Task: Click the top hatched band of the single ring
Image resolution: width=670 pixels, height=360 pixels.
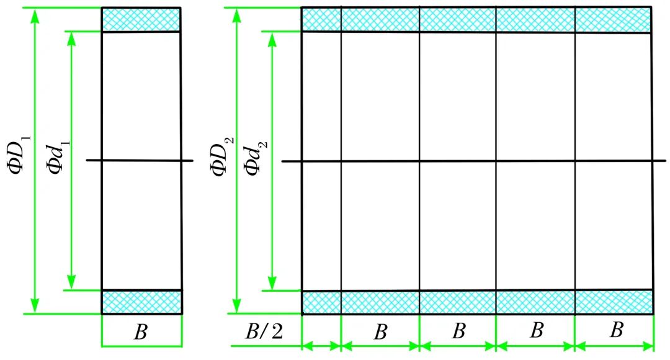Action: click(x=141, y=20)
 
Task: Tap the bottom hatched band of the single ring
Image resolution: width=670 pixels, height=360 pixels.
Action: click(x=141, y=302)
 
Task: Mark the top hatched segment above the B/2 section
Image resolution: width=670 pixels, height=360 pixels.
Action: click(x=321, y=20)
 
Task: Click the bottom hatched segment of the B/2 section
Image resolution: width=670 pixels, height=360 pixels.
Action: click(x=321, y=302)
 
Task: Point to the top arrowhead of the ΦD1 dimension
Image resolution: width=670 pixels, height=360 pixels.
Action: click(x=35, y=14)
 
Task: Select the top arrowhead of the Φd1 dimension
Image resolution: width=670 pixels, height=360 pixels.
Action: click(x=71, y=37)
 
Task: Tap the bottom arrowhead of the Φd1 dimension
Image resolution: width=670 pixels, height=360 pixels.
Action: click(x=71, y=283)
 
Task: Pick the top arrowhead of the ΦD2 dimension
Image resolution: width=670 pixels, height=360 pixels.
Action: click(x=236, y=14)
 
